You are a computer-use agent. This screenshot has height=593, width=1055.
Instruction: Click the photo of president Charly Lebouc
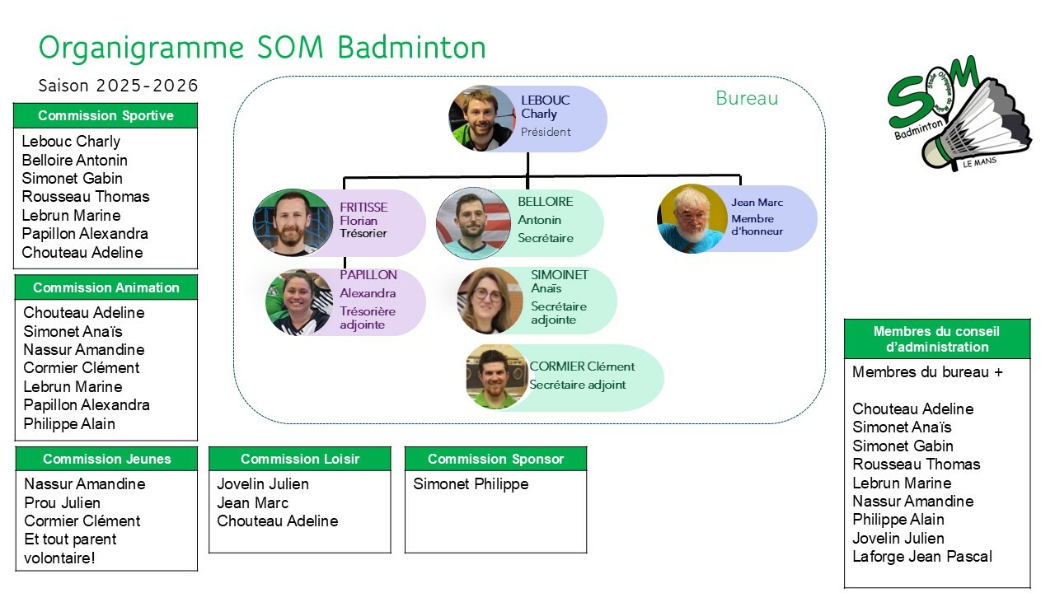coord(482,118)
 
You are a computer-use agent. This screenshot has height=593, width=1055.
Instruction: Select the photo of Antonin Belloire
coord(472,223)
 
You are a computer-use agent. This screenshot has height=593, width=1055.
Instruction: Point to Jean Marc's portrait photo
coord(692,218)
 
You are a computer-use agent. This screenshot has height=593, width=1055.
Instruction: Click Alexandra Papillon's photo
coord(298,301)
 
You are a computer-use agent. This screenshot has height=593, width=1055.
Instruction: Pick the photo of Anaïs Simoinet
coord(490,301)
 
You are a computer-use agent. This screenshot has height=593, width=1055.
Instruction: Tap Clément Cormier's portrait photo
coord(496,376)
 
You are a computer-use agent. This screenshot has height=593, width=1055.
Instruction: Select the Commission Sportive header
coord(105,116)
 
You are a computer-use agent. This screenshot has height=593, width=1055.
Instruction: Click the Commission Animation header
coord(106,287)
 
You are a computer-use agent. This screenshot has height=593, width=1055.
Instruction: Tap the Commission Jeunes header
coord(107,459)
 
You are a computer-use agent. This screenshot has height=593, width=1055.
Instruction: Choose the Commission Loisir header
coord(300,459)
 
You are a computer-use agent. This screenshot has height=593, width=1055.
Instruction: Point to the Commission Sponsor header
coord(496,459)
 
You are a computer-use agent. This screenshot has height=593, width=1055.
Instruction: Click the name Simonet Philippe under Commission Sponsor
coord(471,484)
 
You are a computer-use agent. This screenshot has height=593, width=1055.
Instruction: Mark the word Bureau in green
coord(747,99)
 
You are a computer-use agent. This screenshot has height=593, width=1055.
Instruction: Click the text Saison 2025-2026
coord(119,86)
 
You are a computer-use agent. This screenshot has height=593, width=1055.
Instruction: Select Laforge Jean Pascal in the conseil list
coord(922,557)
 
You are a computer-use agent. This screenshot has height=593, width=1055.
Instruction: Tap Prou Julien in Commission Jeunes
coord(63,502)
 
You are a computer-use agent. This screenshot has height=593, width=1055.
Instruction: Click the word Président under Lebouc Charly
coord(546,132)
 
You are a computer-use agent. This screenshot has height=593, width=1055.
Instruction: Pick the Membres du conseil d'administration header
coord(937,339)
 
